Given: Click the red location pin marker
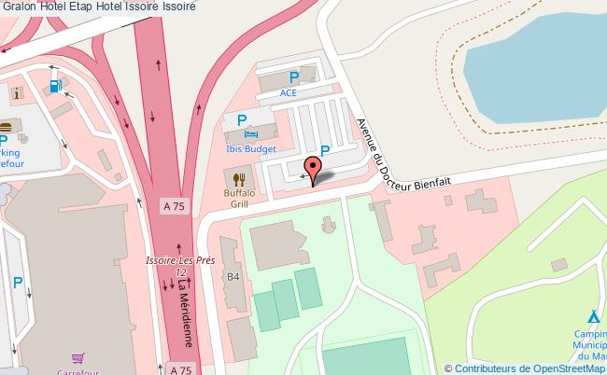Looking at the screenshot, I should coord(313,171).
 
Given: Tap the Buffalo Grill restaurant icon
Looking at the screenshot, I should coord(239,178).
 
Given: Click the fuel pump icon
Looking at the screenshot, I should coord(55,87).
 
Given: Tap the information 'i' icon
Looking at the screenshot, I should coord(18,93).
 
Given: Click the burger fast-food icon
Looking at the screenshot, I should coord(5,128).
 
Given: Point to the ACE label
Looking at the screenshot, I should coord(288,94).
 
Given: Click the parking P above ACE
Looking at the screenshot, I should coord(294,78).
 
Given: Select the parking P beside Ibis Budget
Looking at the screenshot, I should coord(241,120).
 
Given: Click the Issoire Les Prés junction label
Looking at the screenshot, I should coord(180,265).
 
